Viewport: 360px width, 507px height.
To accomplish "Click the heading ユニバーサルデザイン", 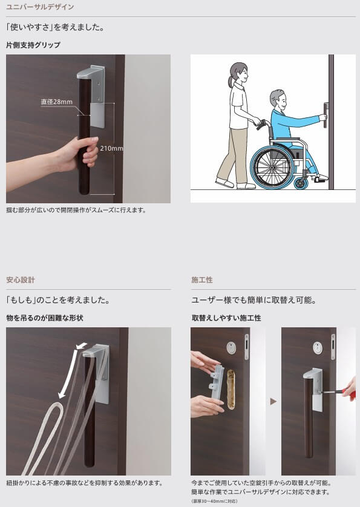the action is coord(40,7).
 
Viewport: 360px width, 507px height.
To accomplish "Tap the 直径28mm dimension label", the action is coord(57,102).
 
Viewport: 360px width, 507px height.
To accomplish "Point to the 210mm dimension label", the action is coord(111,148).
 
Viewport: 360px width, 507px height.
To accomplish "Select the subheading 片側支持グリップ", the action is coord(33,45).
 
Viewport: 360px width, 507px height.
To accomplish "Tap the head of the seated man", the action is coord(278,100).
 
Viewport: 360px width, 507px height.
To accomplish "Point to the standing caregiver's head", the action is coord(240,73).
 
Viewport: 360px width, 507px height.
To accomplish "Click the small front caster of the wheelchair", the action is coord(301,183).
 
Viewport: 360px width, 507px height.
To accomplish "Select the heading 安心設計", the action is coord(21,280).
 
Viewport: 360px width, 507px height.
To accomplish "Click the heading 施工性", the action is coord(202,280).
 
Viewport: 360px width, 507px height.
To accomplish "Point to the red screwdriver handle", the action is coord(350,391).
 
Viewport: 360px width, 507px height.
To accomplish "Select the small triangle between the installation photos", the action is coord(273,401).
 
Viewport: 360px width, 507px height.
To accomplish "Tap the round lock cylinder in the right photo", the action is coord(317,347).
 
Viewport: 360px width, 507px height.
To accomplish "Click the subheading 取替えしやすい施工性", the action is coord(226,318).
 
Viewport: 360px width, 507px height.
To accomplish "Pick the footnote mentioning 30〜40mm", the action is coord(214,501).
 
